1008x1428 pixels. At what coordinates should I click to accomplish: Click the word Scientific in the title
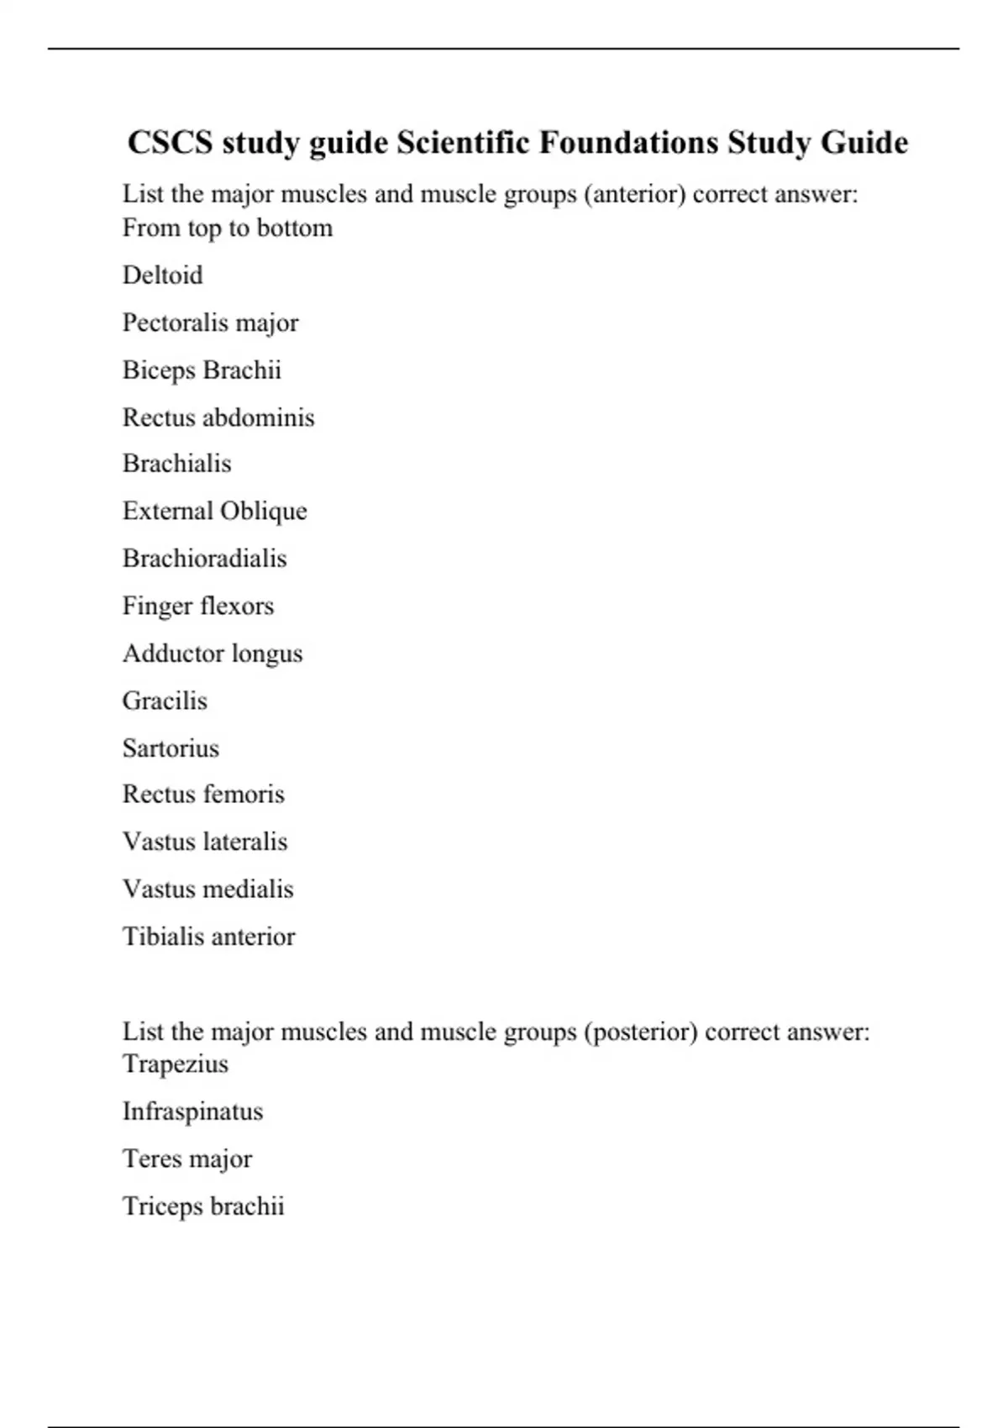click(462, 143)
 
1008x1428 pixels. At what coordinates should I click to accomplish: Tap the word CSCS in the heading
click(170, 143)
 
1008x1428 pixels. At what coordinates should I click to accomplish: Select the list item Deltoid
click(162, 276)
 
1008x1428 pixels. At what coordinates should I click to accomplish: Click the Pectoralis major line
click(210, 323)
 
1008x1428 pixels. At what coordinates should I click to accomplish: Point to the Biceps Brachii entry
click(202, 370)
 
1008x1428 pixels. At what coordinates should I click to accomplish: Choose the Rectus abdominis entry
click(218, 417)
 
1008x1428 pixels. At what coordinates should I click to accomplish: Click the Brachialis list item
click(176, 464)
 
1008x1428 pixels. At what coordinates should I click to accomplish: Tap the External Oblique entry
click(214, 512)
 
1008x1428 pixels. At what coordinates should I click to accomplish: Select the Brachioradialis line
click(204, 559)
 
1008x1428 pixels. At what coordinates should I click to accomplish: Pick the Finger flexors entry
click(198, 606)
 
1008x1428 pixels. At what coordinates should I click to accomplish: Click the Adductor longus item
click(213, 654)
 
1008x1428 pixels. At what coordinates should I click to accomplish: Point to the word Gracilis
click(165, 701)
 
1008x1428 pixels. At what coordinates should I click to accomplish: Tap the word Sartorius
click(171, 748)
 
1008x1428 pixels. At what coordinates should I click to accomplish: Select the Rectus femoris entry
click(203, 795)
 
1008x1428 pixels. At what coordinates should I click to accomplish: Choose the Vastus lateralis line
click(205, 842)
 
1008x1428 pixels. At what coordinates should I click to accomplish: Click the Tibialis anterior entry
click(208, 937)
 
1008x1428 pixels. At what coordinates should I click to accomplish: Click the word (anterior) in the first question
click(634, 195)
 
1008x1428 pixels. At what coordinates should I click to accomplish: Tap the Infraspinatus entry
click(192, 1111)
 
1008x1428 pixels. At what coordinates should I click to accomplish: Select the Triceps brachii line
click(203, 1206)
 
